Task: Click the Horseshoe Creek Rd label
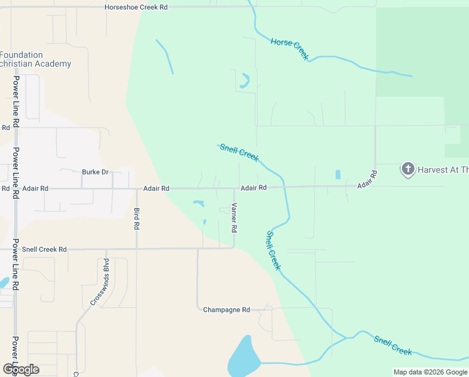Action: (136, 7)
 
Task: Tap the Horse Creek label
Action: (290, 50)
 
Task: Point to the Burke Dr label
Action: (95, 172)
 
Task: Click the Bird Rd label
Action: (137, 217)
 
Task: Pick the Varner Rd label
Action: (234, 216)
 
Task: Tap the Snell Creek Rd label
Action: (44, 249)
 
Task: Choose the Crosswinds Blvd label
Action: (99, 281)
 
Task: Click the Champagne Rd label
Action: (226, 310)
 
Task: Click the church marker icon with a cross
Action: (408, 168)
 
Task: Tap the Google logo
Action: (21, 369)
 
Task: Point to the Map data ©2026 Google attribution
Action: (430, 372)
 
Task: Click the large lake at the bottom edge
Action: (244, 358)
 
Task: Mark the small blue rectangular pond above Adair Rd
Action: (339, 174)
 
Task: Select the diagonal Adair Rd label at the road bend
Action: (367, 180)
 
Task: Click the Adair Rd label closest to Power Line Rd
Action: (35, 188)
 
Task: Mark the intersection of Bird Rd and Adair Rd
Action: (137, 188)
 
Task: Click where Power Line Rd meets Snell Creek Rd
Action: (15, 249)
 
